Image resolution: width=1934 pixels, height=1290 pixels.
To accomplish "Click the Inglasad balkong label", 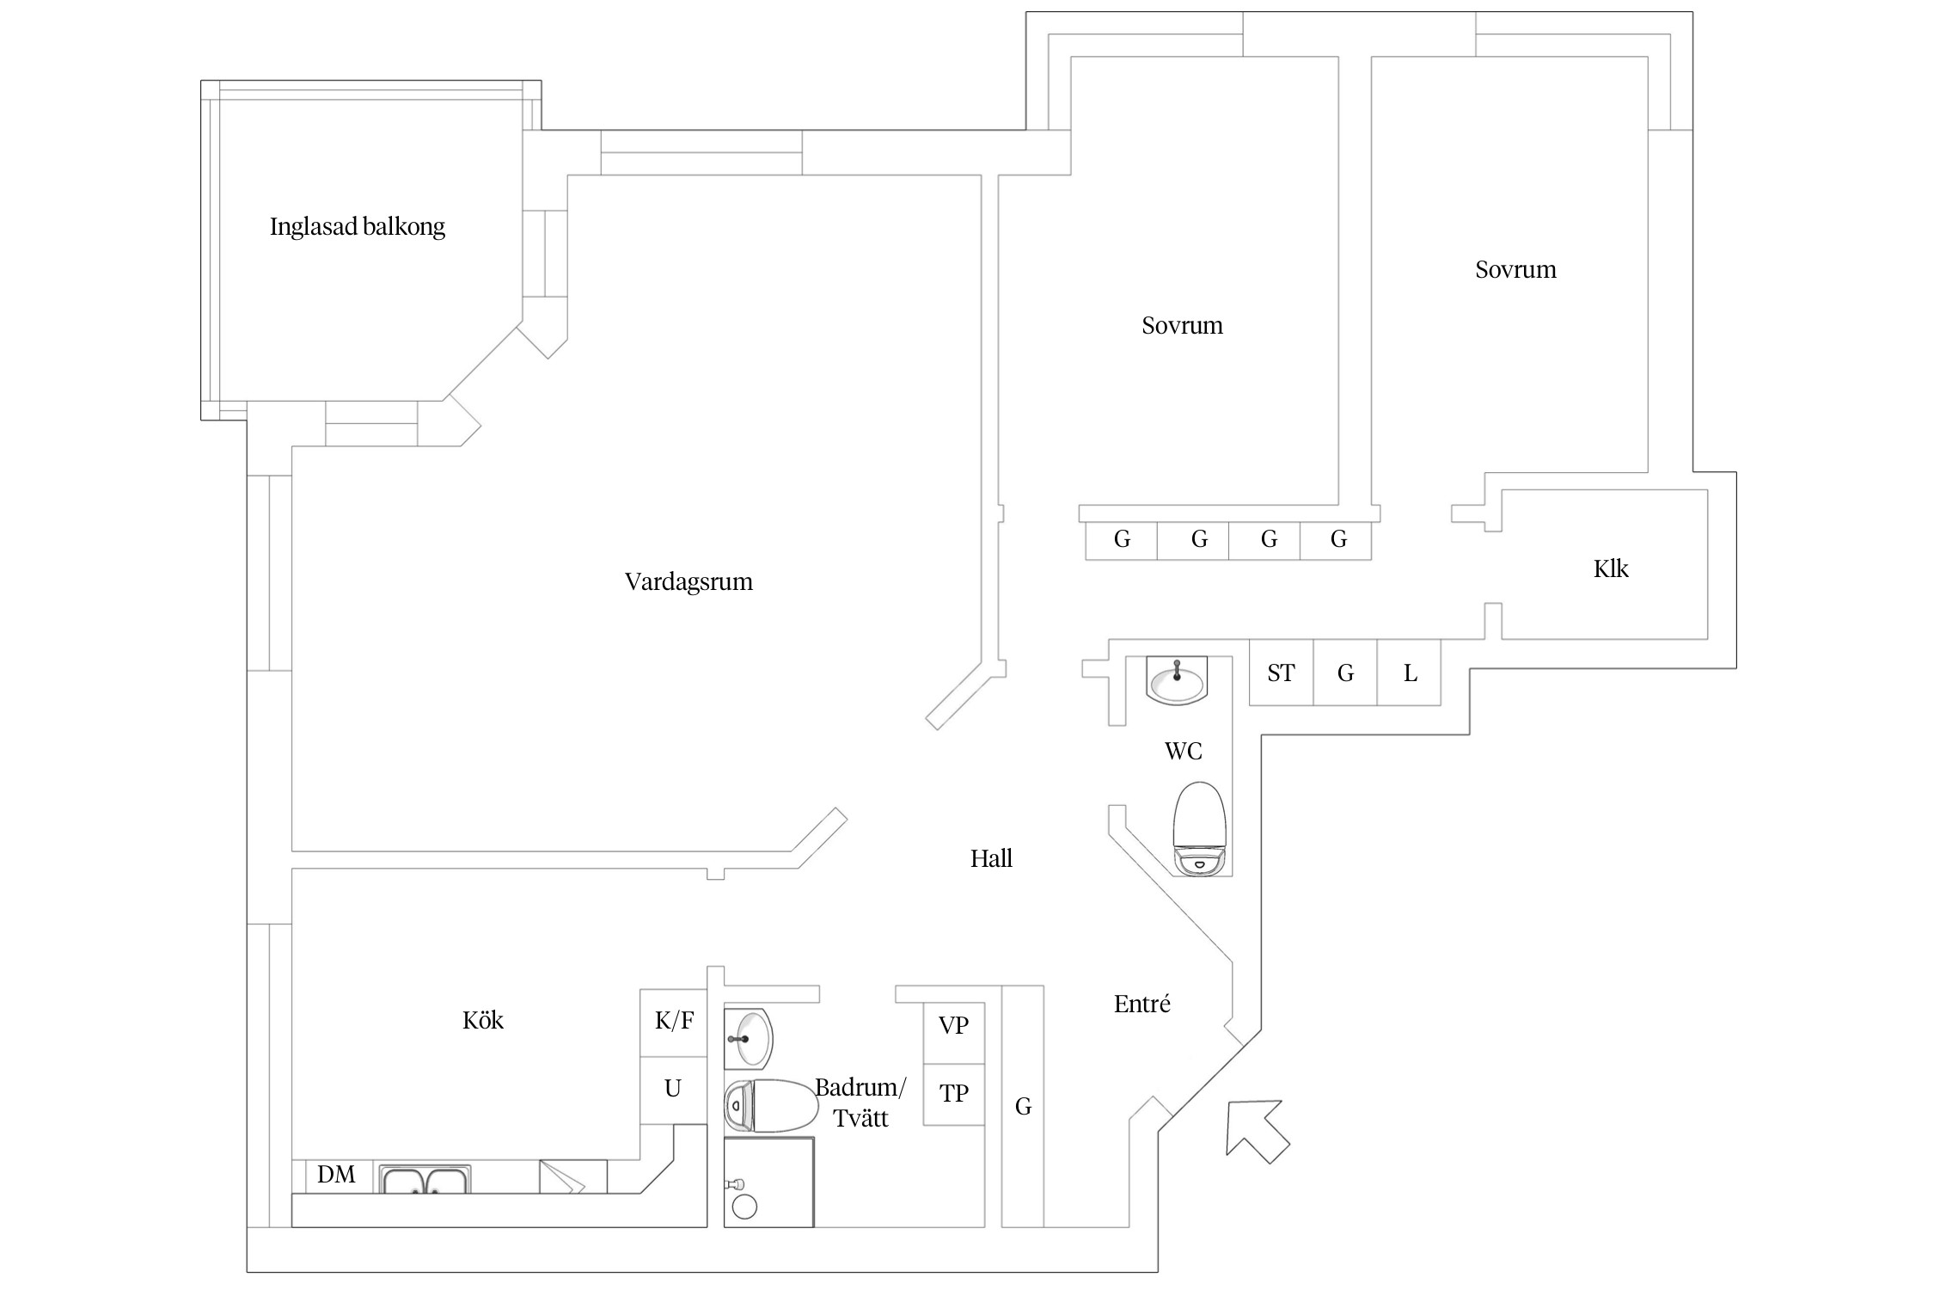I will click(x=357, y=227).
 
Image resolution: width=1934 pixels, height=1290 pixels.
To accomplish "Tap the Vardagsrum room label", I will click(x=688, y=582).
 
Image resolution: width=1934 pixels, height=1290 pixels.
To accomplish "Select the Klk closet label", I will click(x=1610, y=569).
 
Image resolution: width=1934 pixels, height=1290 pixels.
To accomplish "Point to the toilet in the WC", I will click(x=1199, y=828).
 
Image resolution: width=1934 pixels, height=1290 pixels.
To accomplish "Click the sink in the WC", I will click(x=1177, y=680).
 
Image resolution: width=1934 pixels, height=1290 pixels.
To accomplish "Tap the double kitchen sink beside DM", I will click(x=425, y=1179).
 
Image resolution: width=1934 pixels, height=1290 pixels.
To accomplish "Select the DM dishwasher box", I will click(x=335, y=1175).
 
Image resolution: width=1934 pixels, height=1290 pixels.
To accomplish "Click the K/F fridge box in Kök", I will click(x=674, y=1022).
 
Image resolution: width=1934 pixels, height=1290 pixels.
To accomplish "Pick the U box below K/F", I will click(x=673, y=1090).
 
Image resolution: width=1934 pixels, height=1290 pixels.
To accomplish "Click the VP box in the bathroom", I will click(x=953, y=1026).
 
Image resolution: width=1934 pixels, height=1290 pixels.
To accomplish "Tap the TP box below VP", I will click(x=953, y=1094).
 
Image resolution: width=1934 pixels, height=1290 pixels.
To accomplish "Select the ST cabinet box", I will click(x=1281, y=673).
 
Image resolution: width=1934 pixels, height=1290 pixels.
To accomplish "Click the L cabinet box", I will click(x=1410, y=673).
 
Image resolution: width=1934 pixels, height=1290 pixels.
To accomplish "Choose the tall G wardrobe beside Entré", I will click(x=1023, y=1107).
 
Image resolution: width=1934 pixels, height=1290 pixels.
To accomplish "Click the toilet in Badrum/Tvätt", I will click(x=770, y=1105).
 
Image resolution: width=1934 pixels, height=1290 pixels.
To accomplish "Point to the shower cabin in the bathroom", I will click(x=768, y=1182).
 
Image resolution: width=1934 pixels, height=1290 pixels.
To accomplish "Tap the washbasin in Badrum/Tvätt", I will click(x=750, y=1038).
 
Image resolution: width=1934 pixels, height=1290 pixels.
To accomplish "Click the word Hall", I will click(x=991, y=859).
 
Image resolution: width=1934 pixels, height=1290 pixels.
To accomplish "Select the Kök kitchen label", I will click(x=482, y=1021).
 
